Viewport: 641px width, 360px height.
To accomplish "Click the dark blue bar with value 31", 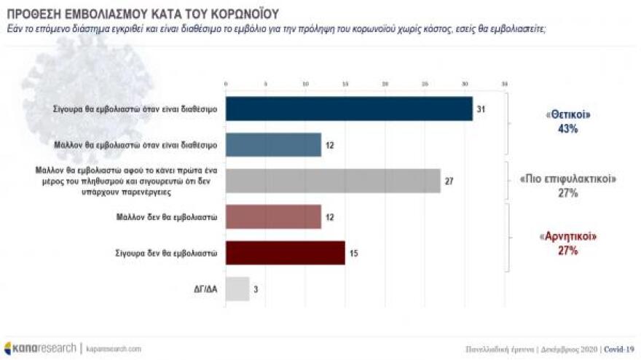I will pos(349,109).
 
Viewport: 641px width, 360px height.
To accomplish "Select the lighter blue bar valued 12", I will pos(273,144).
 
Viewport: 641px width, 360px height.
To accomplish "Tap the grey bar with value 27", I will pos(333,181).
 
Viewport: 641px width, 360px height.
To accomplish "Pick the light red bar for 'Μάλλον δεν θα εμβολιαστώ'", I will pos(273,216).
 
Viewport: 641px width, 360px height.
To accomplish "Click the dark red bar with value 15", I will pos(286,253).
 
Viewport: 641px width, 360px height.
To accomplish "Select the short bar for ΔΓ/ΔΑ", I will pos(237,289).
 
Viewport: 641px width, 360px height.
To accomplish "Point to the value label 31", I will pos(481,109).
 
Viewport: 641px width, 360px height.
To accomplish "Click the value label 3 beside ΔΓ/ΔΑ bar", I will pos(256,289).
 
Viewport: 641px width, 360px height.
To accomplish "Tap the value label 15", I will pos(353,253).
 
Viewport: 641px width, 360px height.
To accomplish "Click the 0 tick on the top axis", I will pos(226,85).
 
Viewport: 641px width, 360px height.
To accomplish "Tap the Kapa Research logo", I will pos(40,348).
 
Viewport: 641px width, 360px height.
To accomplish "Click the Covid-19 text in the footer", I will pos(620,349).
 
